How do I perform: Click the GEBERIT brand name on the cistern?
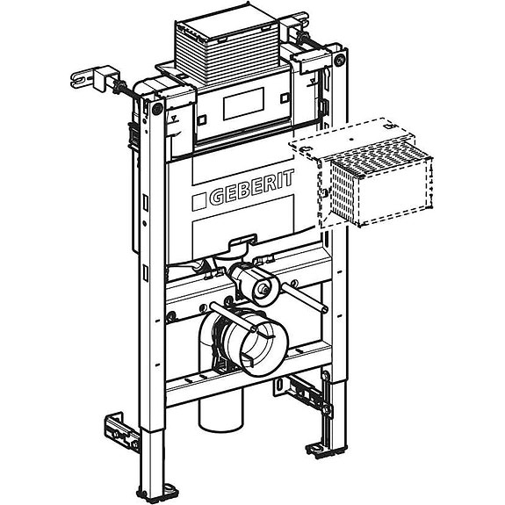[x=252, y=188]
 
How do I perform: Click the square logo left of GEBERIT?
[x=199, y=202]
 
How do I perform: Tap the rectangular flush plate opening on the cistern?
[x=243, y=104]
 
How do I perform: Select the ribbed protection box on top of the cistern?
[x=227, y=50]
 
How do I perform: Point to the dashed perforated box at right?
[x=361, y=172]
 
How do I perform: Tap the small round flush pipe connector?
[x=264, y=290]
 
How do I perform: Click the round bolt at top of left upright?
[x=157, y=109]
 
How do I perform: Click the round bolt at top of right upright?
[x=339, y=61]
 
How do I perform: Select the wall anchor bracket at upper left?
[x=97, y=80]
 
